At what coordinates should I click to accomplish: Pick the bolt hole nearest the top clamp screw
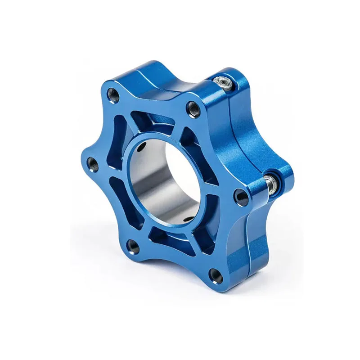pyautogui.click(x=194, y=108)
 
